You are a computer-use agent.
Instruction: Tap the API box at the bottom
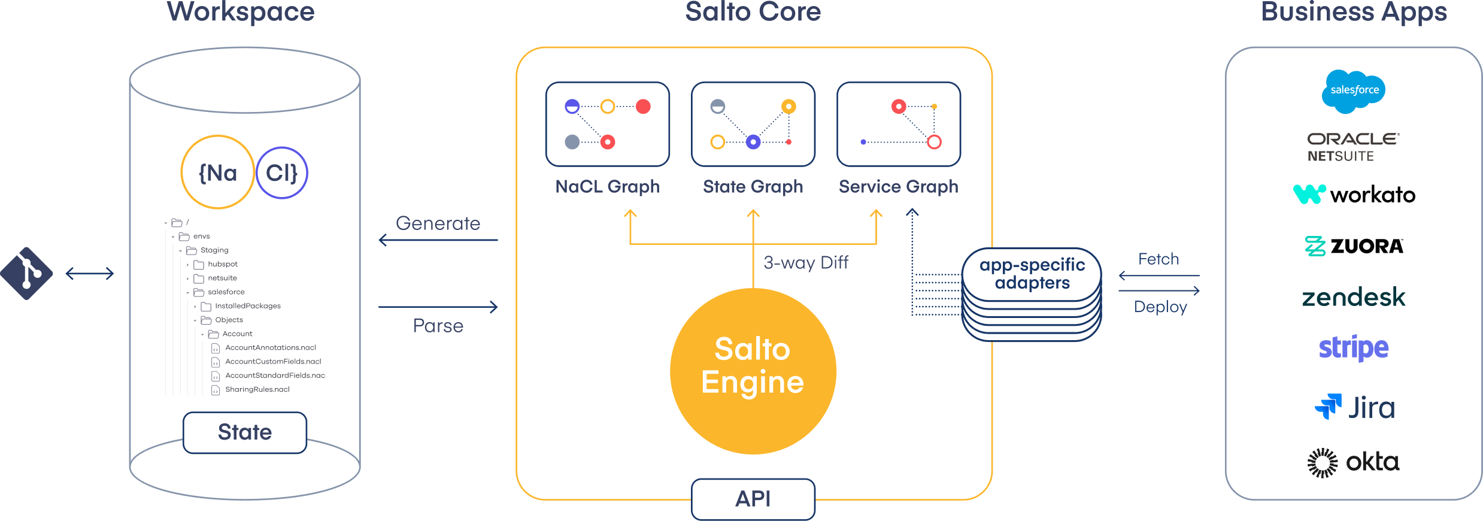[x=753, y=498]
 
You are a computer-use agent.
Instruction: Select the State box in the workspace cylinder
[x=245, y=432]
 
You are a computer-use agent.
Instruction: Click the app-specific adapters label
[x=1032, y=274]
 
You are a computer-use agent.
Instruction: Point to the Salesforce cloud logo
[x=1354, y=90]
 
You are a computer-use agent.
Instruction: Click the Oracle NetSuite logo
[x=1352, y=147]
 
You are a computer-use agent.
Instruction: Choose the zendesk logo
[x=1353, y=297]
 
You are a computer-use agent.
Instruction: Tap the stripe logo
[x=1353, y=348]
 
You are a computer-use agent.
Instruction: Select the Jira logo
[x=1354, y=408]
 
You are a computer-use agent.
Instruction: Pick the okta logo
[x=1353, y=462]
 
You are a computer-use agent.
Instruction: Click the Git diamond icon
[x=26, y=274]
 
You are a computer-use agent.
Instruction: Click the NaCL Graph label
[x=607, y=187]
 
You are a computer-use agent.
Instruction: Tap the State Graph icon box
[x=753, y=124]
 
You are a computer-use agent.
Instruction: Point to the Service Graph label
[x=898, y=187]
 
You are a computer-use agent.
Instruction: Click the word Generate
[x=438, y=223]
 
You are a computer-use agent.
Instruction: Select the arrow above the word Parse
[x=438, y=307]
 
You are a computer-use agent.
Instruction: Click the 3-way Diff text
[x=806, y=263]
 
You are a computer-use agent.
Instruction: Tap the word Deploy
[x=1160, y=307]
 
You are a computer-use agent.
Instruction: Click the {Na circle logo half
[x=218, y=172]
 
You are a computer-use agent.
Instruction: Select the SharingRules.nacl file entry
[x=257, y=390]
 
